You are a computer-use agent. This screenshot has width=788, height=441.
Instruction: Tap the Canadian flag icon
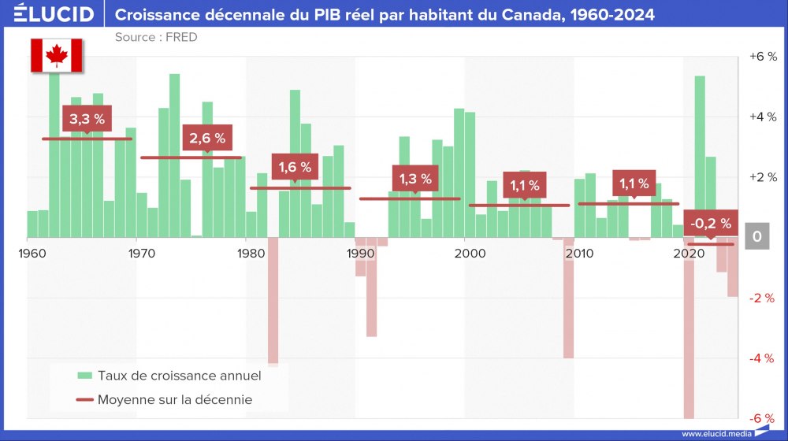pyautogui.click(x=56, y=54)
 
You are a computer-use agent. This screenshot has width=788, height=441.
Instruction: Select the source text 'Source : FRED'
pyautogui.click(x=156, y=37)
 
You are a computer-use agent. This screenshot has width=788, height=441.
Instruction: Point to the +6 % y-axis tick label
pyautogui.click(x=762, y=57)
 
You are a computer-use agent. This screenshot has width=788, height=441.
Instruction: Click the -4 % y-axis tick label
pyautogui.click(x=762, y=358)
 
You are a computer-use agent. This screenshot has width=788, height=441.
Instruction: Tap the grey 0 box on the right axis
pyautogui.click(x=756, y=236)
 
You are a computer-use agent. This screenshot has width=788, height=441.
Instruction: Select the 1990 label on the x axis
pyautogui.click(x=360, y=253)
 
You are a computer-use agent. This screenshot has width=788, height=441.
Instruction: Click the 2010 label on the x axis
pyautogui.click(x=579, y=253)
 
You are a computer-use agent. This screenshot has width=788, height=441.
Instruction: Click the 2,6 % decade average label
pyautogui.click(x=207, y=138)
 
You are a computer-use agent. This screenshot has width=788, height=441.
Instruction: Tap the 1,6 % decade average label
pyautogui.click(x=295, y=167)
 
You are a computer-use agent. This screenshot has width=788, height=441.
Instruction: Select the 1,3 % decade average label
pyautogui.click(x=415, y=179)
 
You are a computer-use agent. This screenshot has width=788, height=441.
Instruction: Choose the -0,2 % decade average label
pyautogui.click(x=710, y=224)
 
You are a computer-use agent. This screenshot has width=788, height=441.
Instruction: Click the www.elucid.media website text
pyautogui.click(x=714, y=434)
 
